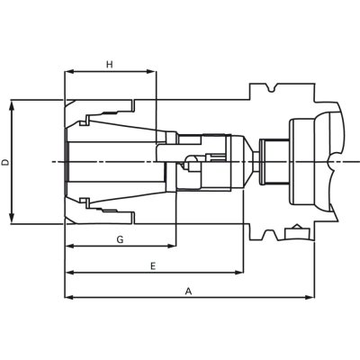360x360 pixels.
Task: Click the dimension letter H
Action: click(110, 64)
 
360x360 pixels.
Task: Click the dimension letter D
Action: click(5, 162)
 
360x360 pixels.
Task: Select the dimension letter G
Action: click(120, 239)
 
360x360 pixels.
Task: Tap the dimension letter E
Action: click(153, 266)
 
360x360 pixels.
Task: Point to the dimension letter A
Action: click(188, 291)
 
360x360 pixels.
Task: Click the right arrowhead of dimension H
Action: click(152, 72)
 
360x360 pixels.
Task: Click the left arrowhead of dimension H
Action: click(69, 72)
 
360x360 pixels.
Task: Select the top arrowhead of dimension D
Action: click(12, 105)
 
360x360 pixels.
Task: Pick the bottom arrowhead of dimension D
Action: click(12, 219)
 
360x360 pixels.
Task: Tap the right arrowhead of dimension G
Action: click(171, 246)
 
